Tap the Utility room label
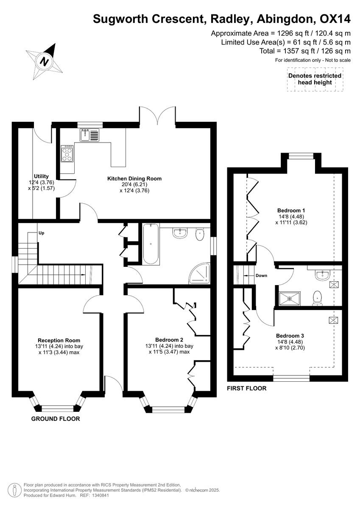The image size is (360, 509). click(x=42, y=176)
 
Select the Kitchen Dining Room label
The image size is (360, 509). click(x=134, y=179)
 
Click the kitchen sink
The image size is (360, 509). click(x=89, y=135)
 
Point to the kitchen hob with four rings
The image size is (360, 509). click(x=67, y=154)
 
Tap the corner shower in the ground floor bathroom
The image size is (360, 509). click(x=199, y=275)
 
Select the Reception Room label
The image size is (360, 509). click(x=59, y=340)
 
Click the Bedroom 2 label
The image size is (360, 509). click(x=169, y=340)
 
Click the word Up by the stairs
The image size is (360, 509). click(x=41, y=233)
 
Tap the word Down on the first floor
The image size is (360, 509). click(x=261, y=276)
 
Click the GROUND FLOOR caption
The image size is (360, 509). click(x=56, y=419)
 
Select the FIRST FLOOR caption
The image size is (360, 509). click(x=247, y=388)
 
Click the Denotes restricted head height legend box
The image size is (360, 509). click(x=315, y=79)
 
